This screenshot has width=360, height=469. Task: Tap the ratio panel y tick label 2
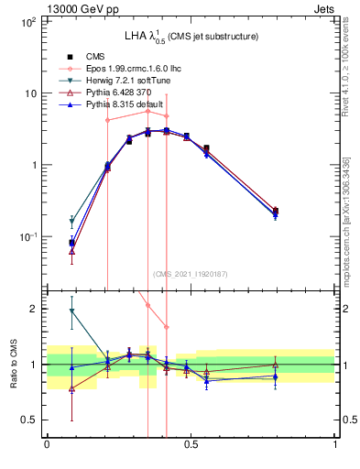(34, 309)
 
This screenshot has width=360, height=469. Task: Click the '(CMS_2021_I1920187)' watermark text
(191, 274)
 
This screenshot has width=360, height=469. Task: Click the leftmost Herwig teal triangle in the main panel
(72, 222)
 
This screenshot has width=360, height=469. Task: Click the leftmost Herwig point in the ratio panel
(72, 311)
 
